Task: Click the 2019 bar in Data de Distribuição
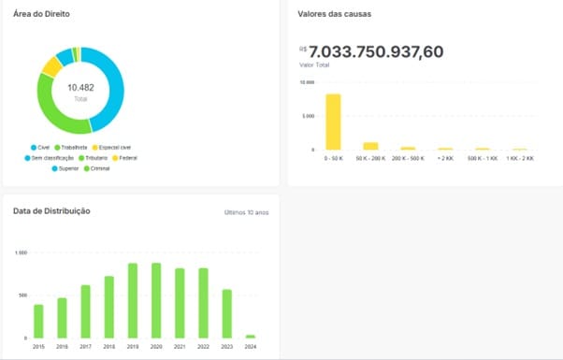point(133,300)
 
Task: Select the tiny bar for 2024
point(251,336)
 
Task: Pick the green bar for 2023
point(226,313)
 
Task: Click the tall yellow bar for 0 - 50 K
point(333,122)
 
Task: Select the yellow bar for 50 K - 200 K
point(370,146)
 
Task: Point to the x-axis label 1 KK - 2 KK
point(519,158)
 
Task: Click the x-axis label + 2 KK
point(445,158)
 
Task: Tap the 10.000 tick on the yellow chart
point(306,82)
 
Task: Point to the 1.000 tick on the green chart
point(21,253)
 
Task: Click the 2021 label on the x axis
point(180,346)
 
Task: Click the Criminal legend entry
point(97,168)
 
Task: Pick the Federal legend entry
point(127,158)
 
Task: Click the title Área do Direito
point(41,15)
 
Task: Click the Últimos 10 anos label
point(246,212)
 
